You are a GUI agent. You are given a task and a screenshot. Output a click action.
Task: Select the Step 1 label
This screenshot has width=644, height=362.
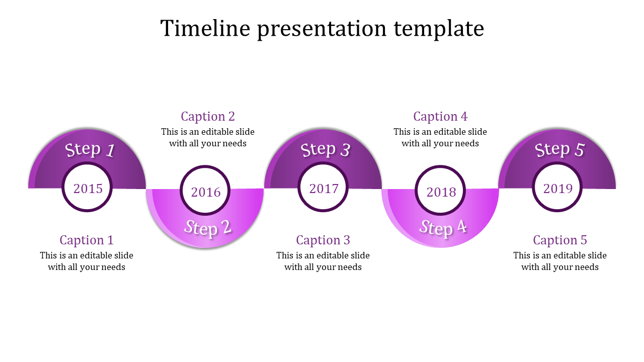tap(90, 149)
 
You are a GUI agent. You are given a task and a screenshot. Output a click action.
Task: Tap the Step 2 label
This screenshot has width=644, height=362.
tap(208, 228)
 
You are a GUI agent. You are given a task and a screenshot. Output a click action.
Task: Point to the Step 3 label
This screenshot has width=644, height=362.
tap(325, 149)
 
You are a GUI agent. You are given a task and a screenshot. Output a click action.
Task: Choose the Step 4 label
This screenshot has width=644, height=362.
tap(443, 228)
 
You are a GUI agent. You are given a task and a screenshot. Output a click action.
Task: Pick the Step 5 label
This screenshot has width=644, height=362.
tap(559, 149)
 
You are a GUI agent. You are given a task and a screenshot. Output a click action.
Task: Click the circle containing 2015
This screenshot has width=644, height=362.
tap(88, 188)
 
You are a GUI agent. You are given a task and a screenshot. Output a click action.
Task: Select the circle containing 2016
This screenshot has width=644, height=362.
tap(206, 192)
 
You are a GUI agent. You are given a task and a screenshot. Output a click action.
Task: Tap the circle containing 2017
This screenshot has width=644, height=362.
tap(324, 188)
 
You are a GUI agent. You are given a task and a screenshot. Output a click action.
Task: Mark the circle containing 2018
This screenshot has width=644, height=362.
tap(441, 192)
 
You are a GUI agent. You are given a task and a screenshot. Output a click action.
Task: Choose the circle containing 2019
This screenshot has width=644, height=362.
tap(558, 188)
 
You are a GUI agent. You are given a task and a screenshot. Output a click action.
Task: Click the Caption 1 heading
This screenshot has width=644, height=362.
tap(87, 240)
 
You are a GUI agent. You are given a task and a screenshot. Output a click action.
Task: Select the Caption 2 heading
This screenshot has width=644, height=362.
tap(208, 116)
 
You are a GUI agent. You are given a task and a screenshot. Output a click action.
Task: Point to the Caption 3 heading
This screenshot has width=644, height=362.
tap(323, 240)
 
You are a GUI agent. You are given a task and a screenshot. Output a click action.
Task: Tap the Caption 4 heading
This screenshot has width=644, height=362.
tap(440, 116)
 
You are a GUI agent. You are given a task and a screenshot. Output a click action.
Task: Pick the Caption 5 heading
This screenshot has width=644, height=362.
tap(560, 240)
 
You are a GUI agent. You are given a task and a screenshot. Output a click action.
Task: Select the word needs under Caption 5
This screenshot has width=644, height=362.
tap(586, 267)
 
